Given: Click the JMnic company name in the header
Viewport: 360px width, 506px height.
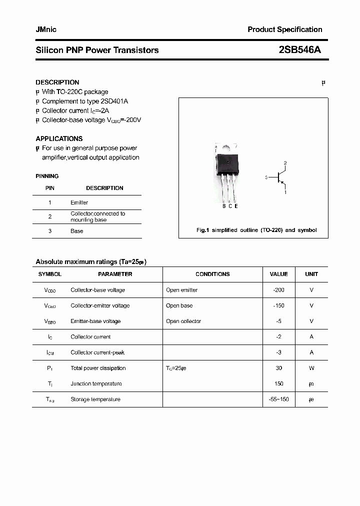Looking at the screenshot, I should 46,29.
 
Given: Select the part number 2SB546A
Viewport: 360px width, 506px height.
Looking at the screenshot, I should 300,50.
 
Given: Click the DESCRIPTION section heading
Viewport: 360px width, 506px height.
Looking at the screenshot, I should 57,82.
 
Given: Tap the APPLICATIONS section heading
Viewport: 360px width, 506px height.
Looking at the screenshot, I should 59,138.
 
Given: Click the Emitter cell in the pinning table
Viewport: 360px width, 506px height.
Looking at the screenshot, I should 79,202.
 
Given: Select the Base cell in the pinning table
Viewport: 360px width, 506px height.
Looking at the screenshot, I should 76,231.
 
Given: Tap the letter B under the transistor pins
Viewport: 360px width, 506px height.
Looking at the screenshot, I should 224,206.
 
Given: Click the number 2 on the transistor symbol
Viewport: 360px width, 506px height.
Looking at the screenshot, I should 285,163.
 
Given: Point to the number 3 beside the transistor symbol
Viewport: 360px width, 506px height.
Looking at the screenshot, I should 266,177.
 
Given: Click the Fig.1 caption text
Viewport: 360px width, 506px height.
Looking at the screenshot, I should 256,230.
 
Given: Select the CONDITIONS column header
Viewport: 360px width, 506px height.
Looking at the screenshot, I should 212,274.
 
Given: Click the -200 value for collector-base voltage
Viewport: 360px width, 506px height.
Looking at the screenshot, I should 278,290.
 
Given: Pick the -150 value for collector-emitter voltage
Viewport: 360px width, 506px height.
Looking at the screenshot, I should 278,305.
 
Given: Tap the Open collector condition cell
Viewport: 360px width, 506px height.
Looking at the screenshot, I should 183,321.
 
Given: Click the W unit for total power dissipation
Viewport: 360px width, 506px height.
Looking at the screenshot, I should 311,368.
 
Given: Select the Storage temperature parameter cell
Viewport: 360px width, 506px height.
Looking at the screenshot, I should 95,399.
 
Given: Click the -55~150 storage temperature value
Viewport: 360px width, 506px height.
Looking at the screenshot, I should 278,399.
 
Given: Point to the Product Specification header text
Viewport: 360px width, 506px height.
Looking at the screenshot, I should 284,29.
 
